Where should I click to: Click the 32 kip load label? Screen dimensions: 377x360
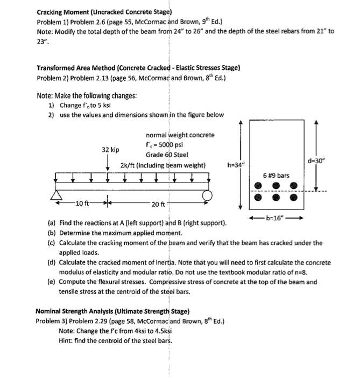pyautogui.click(x=110, y=149)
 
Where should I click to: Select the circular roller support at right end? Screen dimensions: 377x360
pyautogui.click(x=206, y=196)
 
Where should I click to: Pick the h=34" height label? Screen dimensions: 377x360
pyautogui.click(x=237, y=165)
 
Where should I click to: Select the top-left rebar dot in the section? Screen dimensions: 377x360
pyautogui.click(x=259, y=186)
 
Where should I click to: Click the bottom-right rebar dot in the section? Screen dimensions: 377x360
pyautogui.click(x=294, y=198)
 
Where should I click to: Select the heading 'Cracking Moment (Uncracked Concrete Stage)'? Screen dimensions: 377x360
pyautogui.click(x=104, y=11)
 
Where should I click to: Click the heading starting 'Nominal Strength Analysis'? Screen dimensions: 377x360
pyautogui.click(x=112, y=311)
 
